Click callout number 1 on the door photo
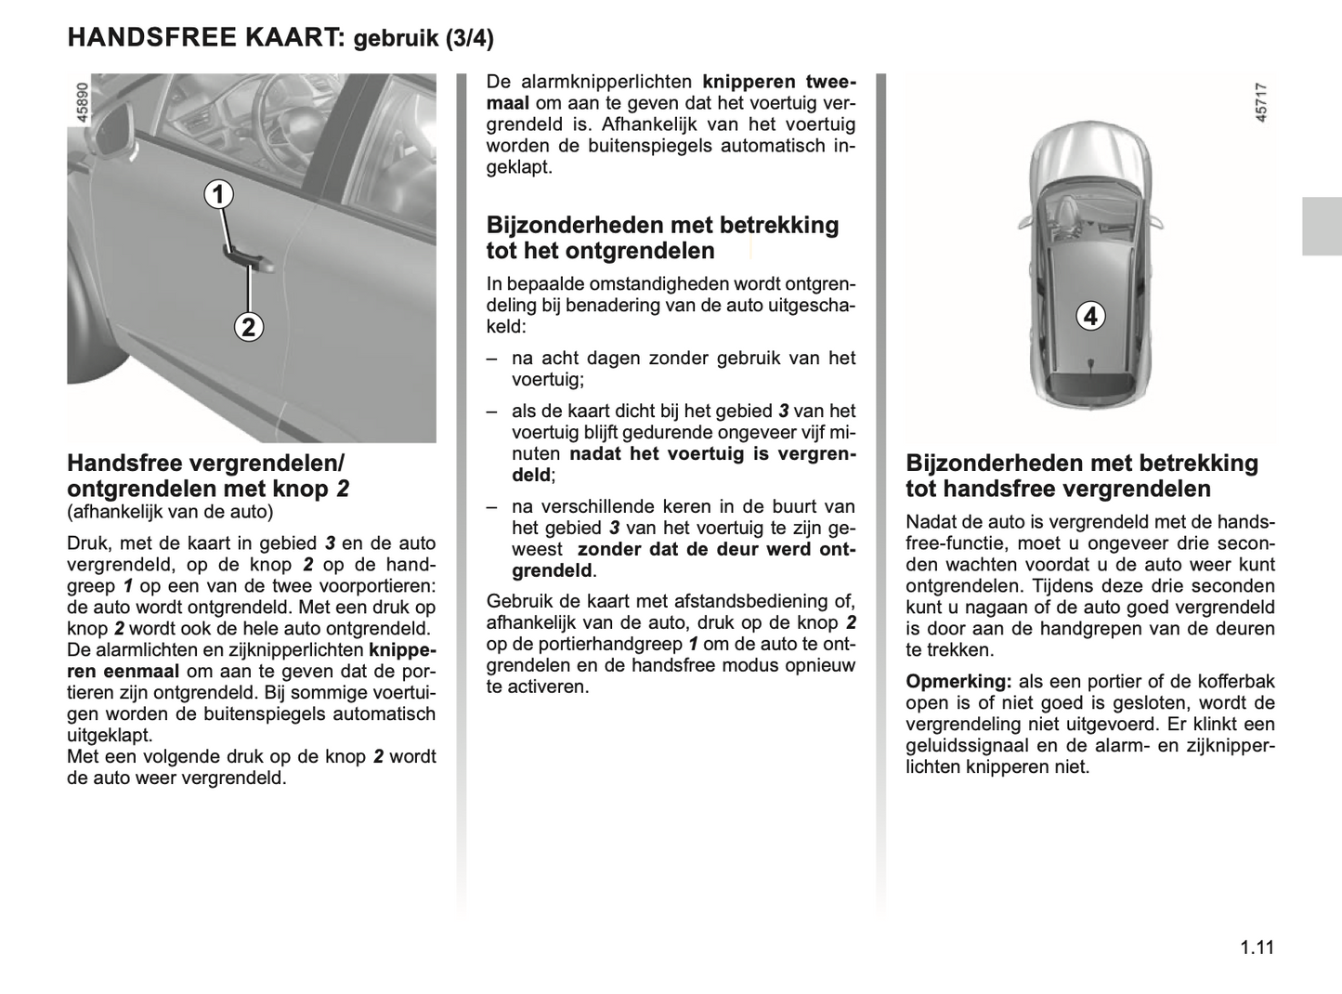[219, 195]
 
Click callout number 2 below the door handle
[248, 327]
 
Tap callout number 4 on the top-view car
[1090, 316]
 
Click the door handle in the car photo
[249, 261]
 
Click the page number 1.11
[1257, 948]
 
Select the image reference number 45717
[1261, 102]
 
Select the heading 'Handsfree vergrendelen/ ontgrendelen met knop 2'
[207, 476]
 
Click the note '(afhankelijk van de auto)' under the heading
[170, 512]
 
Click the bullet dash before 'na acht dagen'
[492, 359]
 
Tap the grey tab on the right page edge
[1322, 226]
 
